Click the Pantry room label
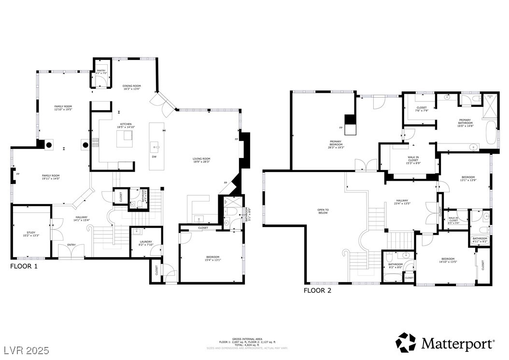101,72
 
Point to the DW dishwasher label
154,157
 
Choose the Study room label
30,234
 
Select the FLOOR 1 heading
24,266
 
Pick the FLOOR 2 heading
317,290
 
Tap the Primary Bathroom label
465,122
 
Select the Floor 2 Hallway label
402,202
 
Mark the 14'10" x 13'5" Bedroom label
448,260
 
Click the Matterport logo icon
406,342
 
